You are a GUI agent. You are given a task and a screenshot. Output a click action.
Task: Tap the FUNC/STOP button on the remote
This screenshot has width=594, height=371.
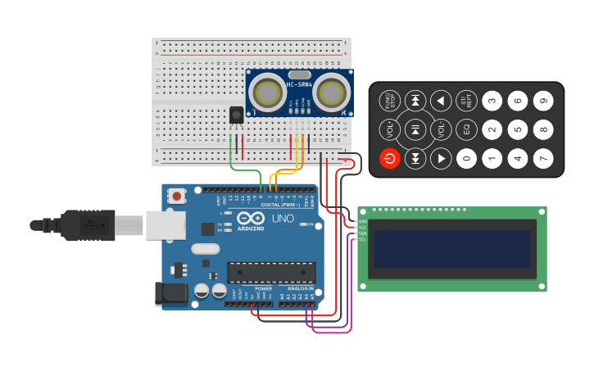click(390, 101)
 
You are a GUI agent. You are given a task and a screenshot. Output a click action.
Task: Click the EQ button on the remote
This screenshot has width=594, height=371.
click(466, 129)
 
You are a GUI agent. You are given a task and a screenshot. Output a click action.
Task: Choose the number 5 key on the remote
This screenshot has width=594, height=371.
click(517, 129)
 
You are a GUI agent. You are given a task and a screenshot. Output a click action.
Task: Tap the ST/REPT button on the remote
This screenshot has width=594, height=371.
click(466, 101)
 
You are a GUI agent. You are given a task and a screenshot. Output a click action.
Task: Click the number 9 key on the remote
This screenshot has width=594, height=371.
click(542, 101)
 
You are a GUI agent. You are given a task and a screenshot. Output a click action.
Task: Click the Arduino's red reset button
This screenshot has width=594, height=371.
click(176, 196)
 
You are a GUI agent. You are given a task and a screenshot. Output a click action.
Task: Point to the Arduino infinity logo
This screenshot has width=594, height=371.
click(252, 219)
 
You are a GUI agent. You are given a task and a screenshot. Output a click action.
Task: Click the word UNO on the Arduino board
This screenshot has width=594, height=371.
click(282, 219)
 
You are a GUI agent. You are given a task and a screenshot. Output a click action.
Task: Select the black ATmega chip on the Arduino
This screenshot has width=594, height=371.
click(271, 273)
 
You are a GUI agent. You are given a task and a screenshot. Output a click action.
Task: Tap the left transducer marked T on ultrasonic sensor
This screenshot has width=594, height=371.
click(267, 90)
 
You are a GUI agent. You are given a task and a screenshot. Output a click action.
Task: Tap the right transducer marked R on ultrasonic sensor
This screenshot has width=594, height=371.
click(332, 90)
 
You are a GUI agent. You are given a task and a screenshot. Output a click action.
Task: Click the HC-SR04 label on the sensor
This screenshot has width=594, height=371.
click(298, 84)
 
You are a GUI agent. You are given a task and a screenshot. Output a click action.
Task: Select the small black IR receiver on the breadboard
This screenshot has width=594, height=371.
click(236, 115)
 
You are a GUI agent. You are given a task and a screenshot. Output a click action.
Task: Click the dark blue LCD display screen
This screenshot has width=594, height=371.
click(452, 249)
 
